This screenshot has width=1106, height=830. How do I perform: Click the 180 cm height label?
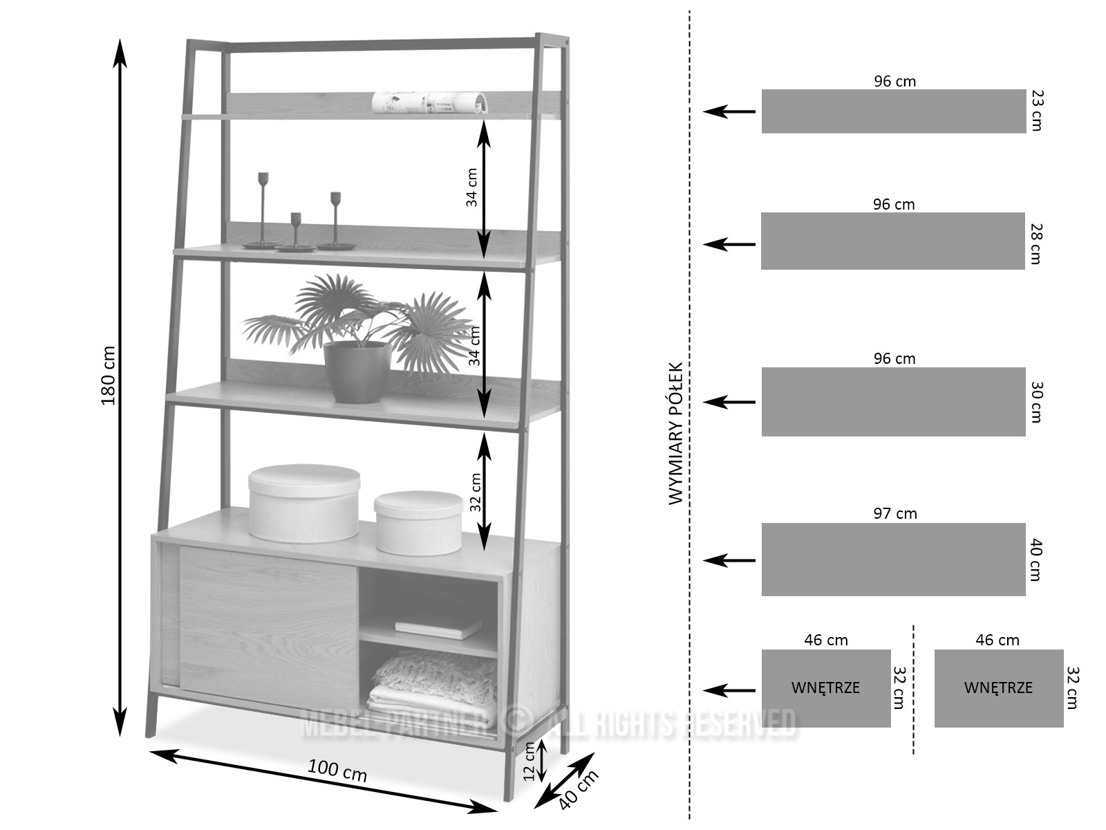point(109,375)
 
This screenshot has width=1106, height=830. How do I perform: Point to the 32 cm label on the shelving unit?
point(475,492)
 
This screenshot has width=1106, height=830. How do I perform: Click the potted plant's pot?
point(357,371)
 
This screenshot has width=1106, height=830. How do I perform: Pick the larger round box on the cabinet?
point(303,503)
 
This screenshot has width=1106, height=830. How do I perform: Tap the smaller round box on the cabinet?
point(418,522)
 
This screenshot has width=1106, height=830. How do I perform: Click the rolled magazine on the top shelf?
point(429,102)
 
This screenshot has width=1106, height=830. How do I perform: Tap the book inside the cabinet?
point(438,628)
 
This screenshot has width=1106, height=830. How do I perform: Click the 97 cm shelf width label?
point(894,513)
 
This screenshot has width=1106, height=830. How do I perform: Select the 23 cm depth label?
point(1035,110)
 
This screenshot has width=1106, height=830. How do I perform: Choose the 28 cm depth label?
point(1035,243)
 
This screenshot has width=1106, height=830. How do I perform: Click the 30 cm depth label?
point(1035,402)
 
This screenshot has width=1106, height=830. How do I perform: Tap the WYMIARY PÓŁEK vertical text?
point(676,434)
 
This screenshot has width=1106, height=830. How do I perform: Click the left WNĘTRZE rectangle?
point(825,688)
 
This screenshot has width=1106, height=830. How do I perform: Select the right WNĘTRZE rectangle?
point(998,688)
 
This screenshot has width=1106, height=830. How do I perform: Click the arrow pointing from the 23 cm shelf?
point(729,111)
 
